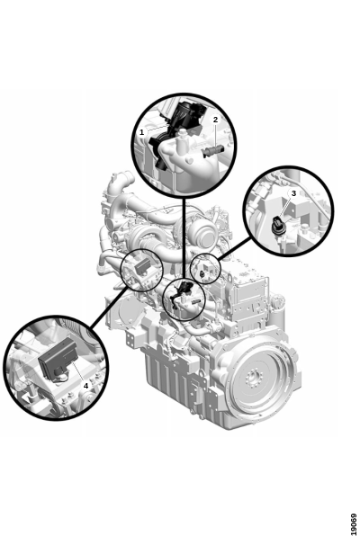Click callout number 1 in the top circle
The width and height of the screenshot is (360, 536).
[x=141, y=132]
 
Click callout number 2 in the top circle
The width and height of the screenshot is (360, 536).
[x=215, y=120]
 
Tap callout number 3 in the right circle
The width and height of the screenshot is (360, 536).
[x=293, y=193]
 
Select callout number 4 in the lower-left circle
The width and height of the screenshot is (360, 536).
[x=85, y=386]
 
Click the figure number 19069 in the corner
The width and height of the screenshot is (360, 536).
[x=354, y=523]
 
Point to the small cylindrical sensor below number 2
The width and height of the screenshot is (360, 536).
[x=212, y=151]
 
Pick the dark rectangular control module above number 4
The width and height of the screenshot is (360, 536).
[x=58, y=358]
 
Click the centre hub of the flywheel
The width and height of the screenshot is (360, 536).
[x=254, y=379]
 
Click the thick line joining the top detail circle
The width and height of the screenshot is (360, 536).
[x=184, y=238]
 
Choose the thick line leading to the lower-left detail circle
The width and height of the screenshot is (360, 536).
[x=109, y=307]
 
